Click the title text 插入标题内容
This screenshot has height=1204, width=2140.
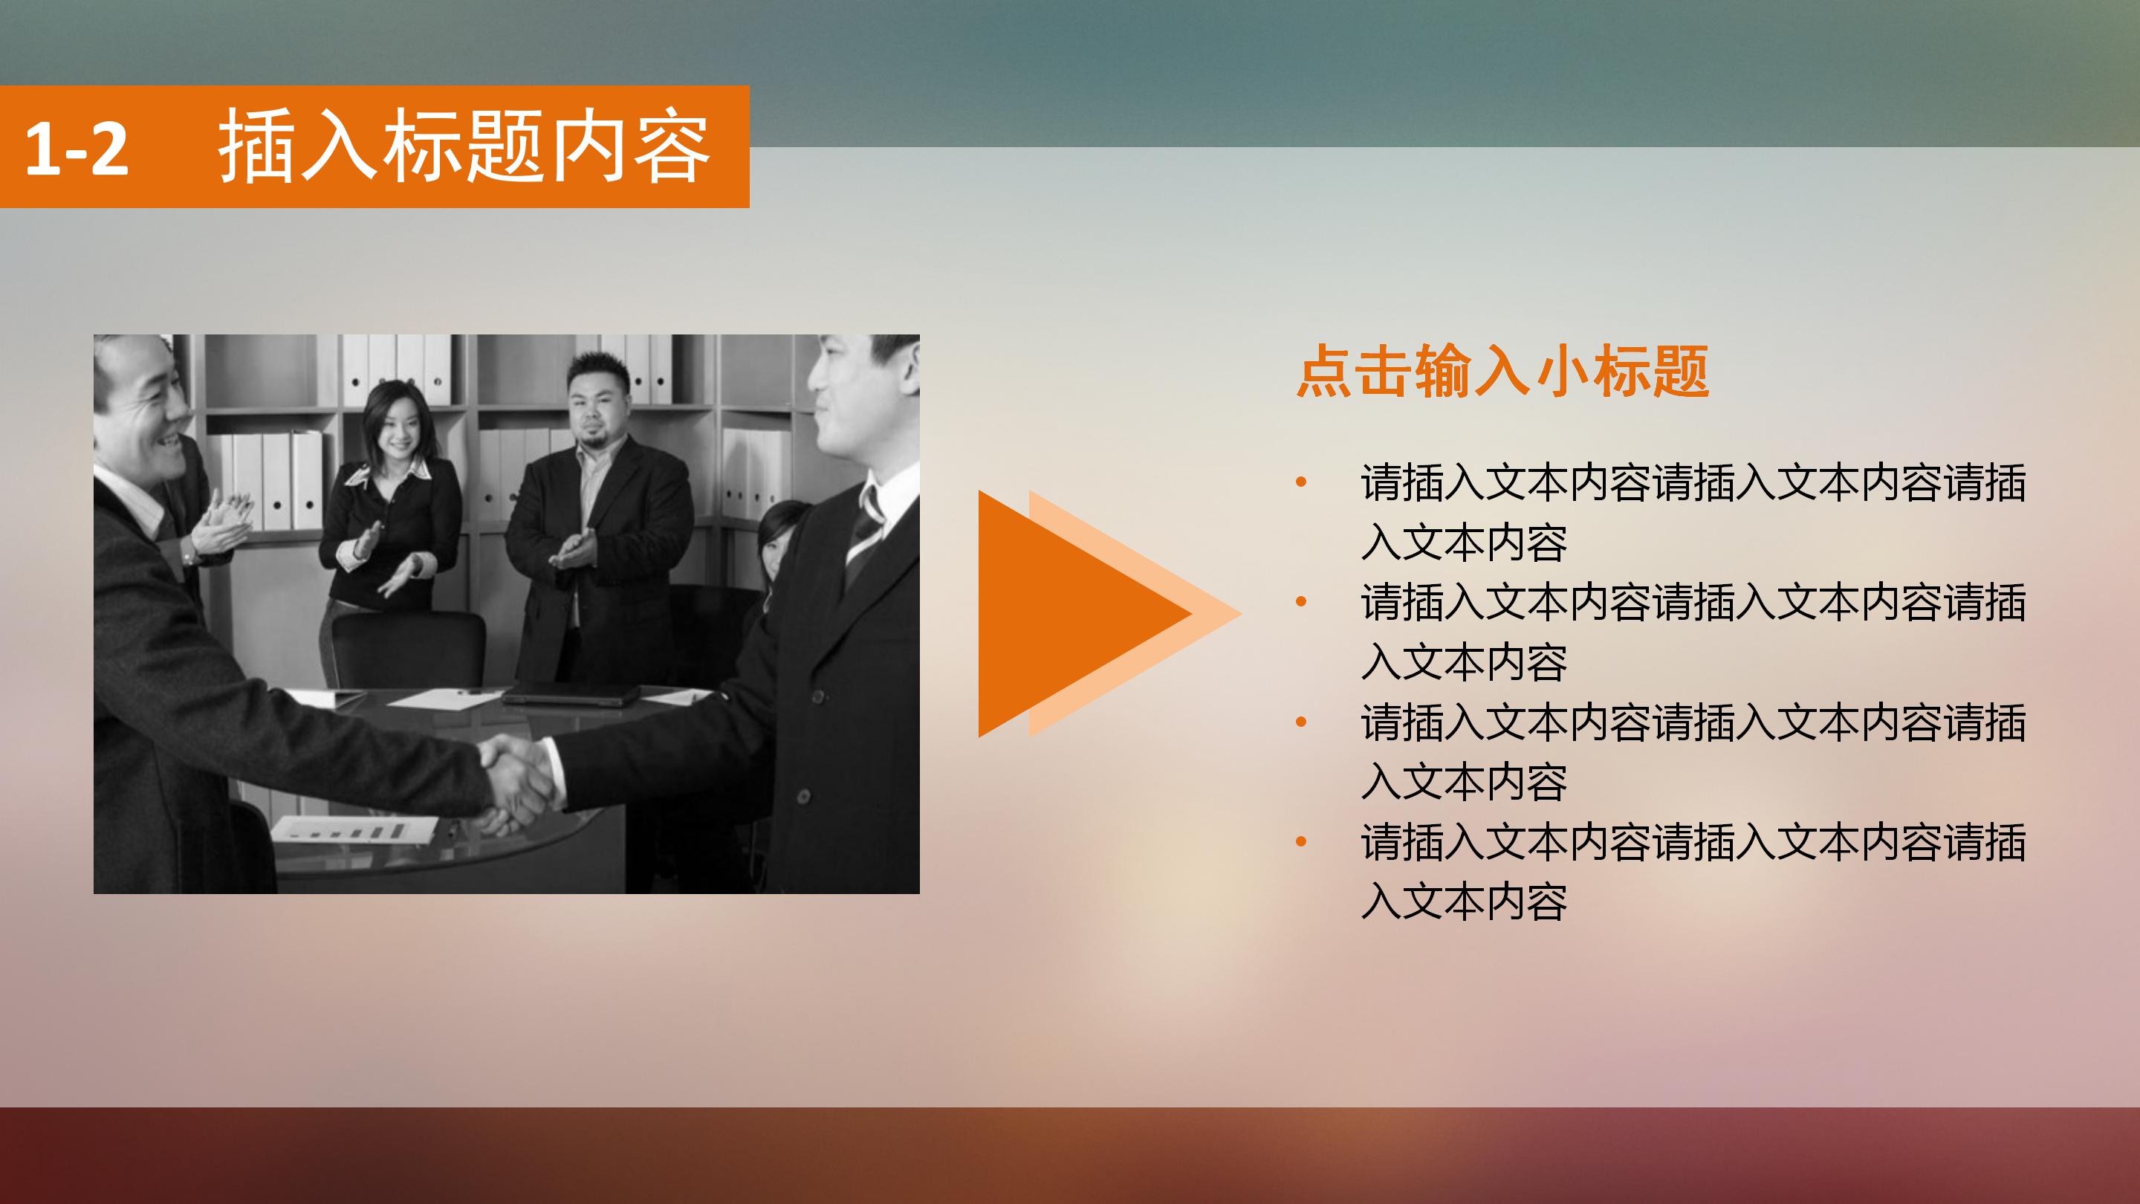coord(464,147)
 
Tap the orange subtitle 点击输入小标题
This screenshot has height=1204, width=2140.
coord(1502,372)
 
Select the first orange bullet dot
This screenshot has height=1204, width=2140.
coord(1301,482)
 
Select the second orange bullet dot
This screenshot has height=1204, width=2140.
coord(1301,601)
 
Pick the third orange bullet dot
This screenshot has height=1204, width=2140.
coord(1301,721)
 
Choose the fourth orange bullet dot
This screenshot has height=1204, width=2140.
coord(1301,842)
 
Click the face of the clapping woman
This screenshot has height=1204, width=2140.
coord(396,424)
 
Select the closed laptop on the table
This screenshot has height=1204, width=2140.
coord(570,694)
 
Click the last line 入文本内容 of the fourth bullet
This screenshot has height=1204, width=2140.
coord(1464,902)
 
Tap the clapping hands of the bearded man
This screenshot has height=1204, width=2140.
coord(576,550)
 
